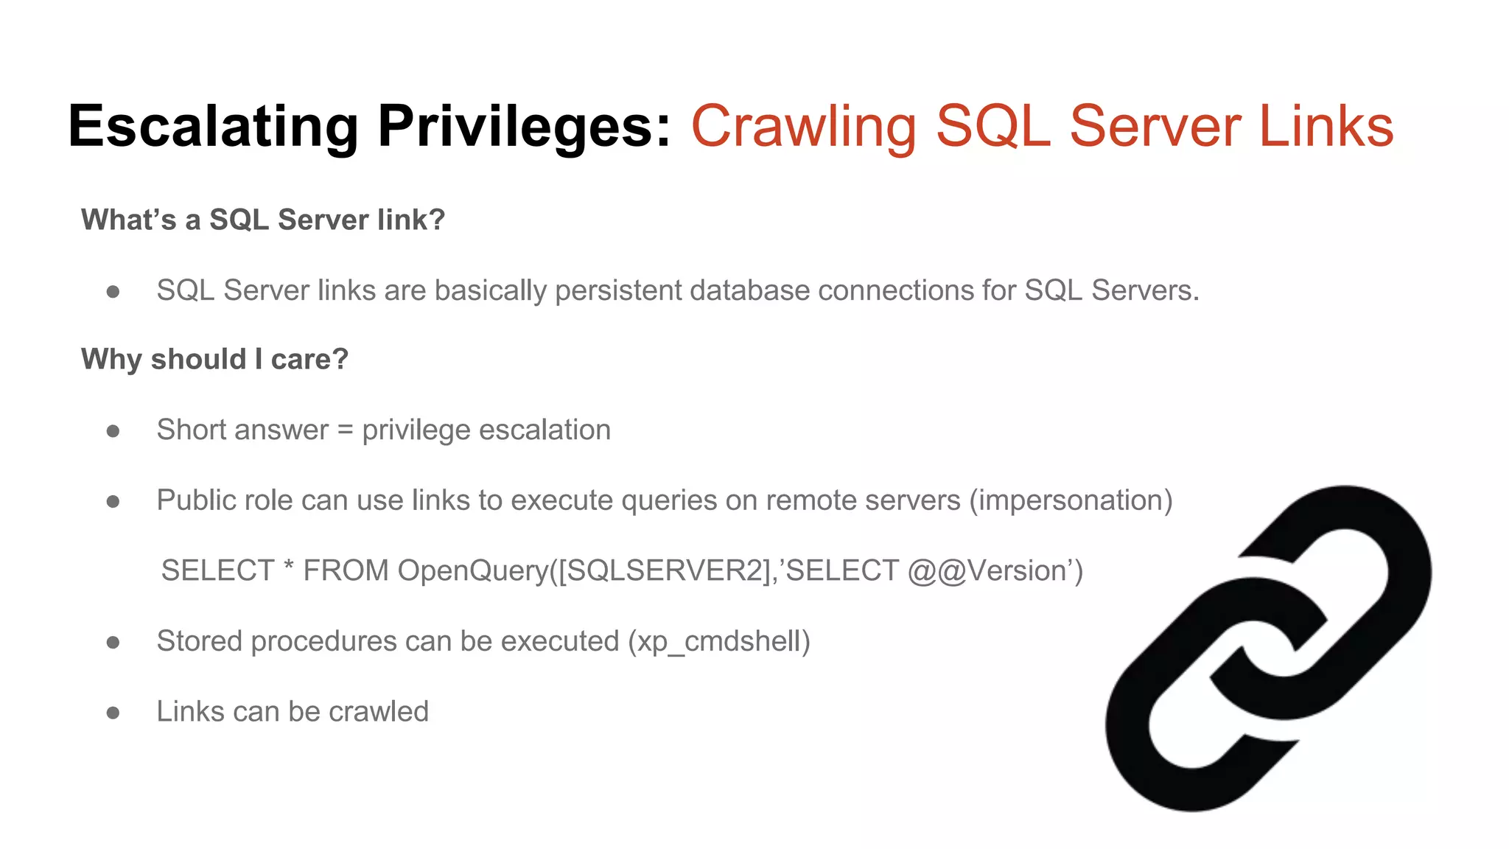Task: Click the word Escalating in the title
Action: pos(213,127)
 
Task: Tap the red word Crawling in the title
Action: pos(803,127)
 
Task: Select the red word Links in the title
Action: pos(1326,127)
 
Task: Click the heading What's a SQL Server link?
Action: pos(263,220)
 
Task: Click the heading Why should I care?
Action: pos(214,359)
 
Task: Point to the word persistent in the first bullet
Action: pos(618,290)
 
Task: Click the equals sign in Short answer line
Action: pos(345,430)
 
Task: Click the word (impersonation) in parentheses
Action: pos(1071,500)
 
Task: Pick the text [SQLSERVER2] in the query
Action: pos(664,571)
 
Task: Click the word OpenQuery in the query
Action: pos(472,571)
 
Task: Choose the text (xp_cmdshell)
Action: pos(719,641)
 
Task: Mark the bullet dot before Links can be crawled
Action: pos(113,713)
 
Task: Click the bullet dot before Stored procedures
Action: pos(113,643)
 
